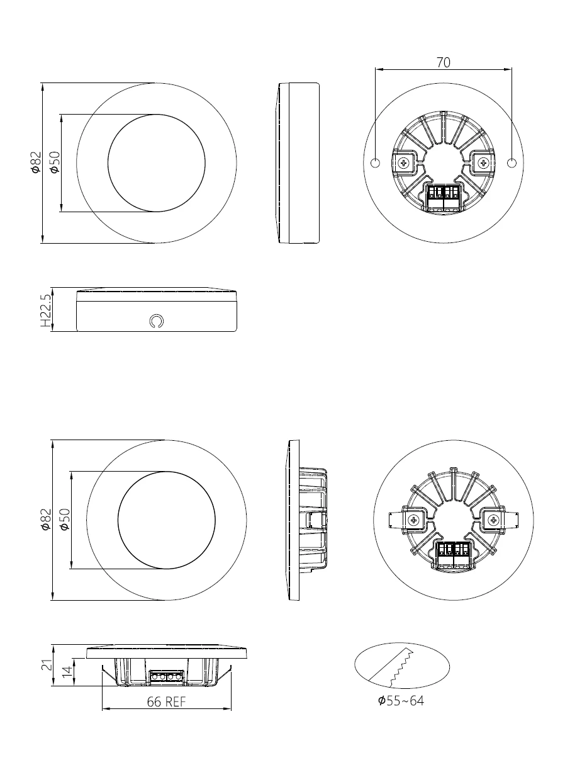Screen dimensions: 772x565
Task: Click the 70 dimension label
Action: click(x=443, y=62)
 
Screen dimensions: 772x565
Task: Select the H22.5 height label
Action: click(x=45, y=310)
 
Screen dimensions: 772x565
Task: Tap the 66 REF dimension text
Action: click(x=166, y=702)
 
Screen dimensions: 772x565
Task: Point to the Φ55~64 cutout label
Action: click(x=401, y=700)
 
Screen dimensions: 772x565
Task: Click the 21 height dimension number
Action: click(x=47, y=665)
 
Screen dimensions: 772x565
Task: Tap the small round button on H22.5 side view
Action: click(x=157, y=321)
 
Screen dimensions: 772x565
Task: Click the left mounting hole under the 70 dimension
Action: click(x=375, y=163)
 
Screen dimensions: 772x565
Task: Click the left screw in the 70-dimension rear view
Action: click(x=403, y=163)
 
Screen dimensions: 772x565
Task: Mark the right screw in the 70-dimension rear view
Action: click(x=483, y=163)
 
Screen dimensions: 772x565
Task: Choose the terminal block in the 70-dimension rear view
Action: click(x=444, y=196)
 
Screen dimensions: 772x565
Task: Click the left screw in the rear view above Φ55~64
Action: click(x=413, y=520)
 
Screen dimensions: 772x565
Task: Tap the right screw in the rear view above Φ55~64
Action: click(x=493, y=520)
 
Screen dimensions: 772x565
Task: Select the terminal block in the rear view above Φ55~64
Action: click(x=453, y=552)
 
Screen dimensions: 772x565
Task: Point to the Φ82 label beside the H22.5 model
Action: click(x=36, y=162)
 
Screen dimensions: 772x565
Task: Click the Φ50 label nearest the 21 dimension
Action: click(x=64, y=519)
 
